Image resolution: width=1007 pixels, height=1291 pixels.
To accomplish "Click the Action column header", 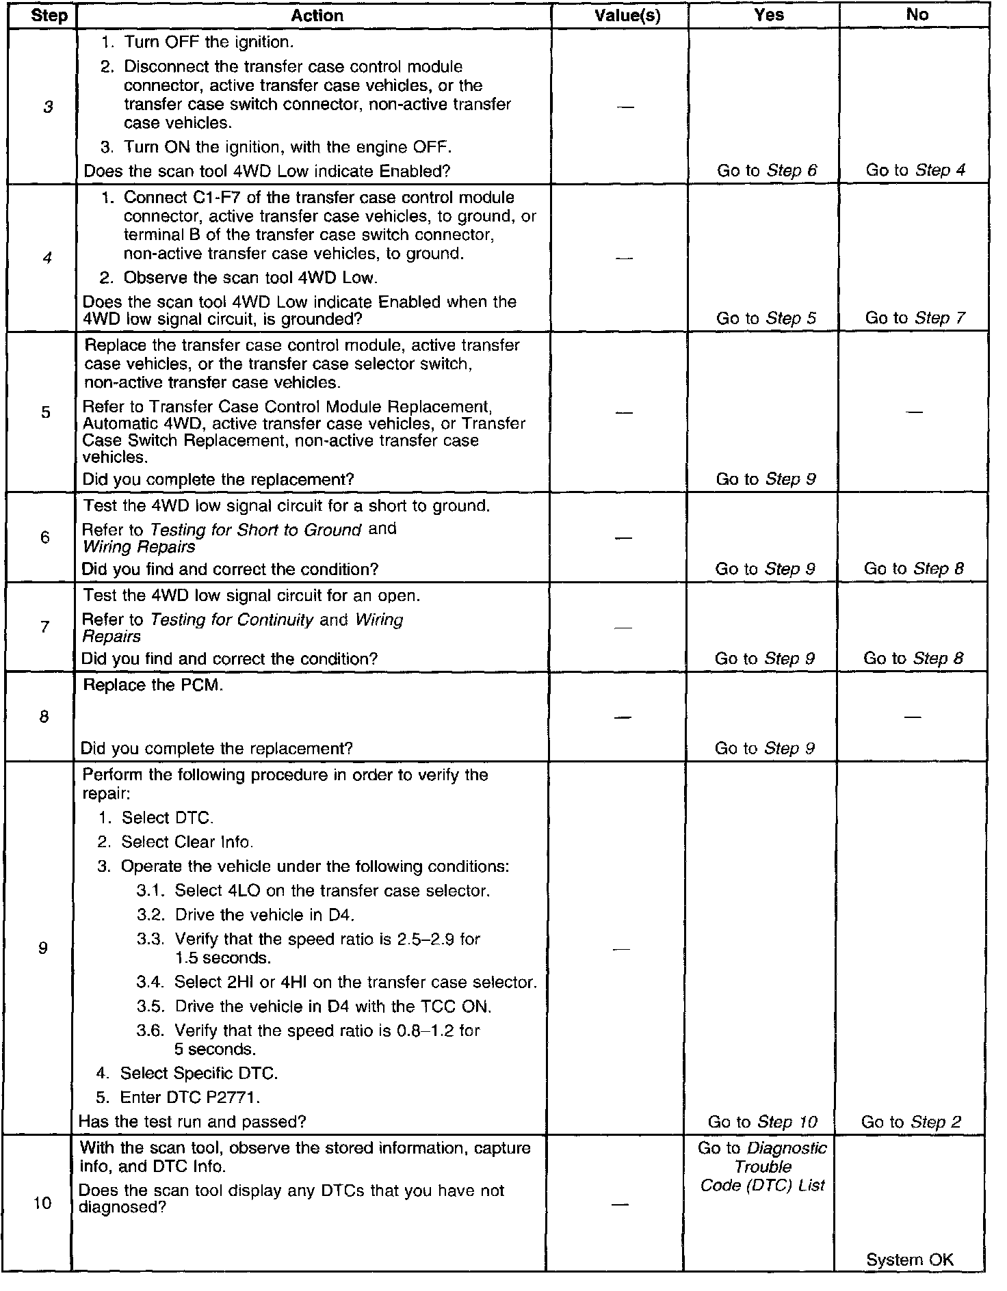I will (x=317, y=16).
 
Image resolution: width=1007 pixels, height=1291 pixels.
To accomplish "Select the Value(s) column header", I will (x=627, y=16).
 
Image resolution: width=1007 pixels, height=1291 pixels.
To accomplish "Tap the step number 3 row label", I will (x=47, y=107).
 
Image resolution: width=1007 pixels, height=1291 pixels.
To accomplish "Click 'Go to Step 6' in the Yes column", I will (x=767, y=170).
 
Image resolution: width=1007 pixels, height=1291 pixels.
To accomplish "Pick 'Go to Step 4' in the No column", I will (x=915, y=170).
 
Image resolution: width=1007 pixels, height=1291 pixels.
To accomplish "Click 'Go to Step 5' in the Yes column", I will (x=766, y=318).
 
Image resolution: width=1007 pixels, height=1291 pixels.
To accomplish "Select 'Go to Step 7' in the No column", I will (x=915, y=318).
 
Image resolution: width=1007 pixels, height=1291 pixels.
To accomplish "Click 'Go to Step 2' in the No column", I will (x=911, y=1122).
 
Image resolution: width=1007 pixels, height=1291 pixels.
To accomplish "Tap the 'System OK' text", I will (x=910, y=1260).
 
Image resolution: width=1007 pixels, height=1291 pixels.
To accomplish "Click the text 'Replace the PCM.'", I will (x=153, y=685).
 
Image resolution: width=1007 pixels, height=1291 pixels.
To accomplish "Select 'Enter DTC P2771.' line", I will (x=189, y=1097).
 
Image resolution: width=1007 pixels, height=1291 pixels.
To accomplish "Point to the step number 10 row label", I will (x=42, y=1203).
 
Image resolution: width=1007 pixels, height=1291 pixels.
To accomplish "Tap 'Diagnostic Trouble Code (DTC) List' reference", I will (x=763, y=1167).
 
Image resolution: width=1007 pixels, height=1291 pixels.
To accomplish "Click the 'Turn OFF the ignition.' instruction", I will (x=208, y=42).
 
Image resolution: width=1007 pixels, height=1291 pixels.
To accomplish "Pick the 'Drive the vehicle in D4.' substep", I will (x=264, y=915).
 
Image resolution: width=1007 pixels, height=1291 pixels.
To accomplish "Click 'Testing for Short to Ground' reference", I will (x=255, y=530).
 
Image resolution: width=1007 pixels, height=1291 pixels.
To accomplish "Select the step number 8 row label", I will (x=44, y=717).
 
